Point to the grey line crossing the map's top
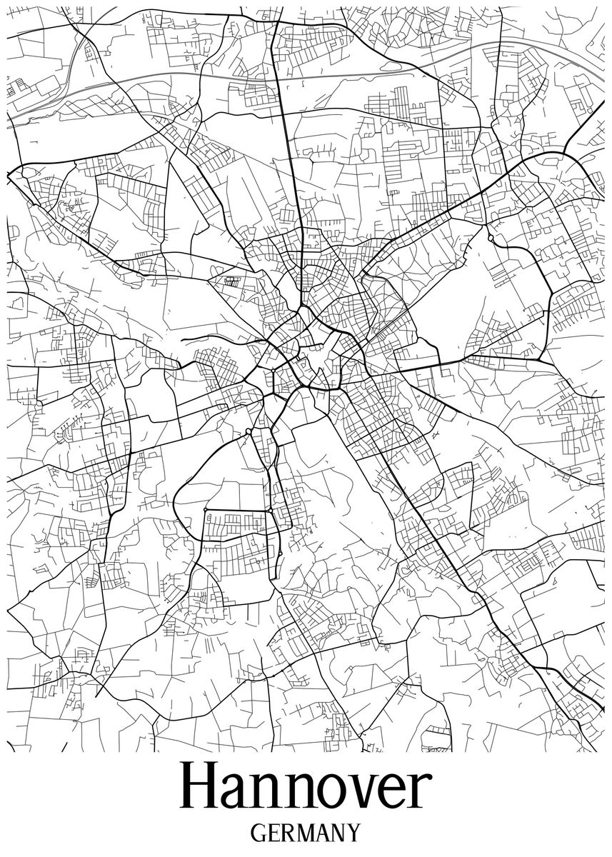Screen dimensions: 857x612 point(214,75)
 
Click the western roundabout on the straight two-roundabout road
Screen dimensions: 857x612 point(206,510)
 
